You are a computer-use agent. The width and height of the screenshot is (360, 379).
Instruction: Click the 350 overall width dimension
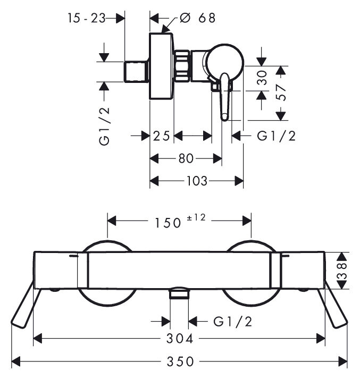click(180, 361)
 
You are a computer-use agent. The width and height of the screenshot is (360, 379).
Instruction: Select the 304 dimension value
click(180, 339)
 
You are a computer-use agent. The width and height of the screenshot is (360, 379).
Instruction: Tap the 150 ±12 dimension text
click(180, 222)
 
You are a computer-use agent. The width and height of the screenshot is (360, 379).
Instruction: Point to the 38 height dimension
click(343, 271)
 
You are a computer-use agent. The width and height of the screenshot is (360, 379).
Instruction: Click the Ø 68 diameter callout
click(197, 18)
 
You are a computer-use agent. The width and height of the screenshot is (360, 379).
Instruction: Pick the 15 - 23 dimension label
click(86, 18)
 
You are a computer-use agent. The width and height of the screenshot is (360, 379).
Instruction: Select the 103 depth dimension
click(197, 181)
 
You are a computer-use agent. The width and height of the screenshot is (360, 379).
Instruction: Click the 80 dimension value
click(186, 159)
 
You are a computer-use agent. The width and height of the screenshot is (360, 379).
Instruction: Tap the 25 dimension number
click(161, 136)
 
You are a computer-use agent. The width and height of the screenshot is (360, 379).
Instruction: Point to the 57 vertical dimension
click(281, 92)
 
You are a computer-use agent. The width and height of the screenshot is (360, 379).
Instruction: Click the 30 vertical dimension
click(262, 78)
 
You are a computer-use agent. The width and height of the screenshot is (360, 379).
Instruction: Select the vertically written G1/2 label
click(104, 126)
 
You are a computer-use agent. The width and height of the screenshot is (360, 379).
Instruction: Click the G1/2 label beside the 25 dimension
click(276, 136)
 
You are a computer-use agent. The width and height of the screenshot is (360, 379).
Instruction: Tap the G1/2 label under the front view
click(232, 322)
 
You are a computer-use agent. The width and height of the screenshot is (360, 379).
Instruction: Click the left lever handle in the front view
click(25, 305)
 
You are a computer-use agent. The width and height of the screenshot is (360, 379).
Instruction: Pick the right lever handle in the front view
click(333, 305)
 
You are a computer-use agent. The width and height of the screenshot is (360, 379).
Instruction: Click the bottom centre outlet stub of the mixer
click(179, 293)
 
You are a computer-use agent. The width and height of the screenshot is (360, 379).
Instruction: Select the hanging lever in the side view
click(224, 97)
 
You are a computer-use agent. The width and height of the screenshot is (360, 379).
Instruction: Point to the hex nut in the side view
click(182, 66)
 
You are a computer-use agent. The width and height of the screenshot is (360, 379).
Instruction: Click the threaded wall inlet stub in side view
click(136, 72)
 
